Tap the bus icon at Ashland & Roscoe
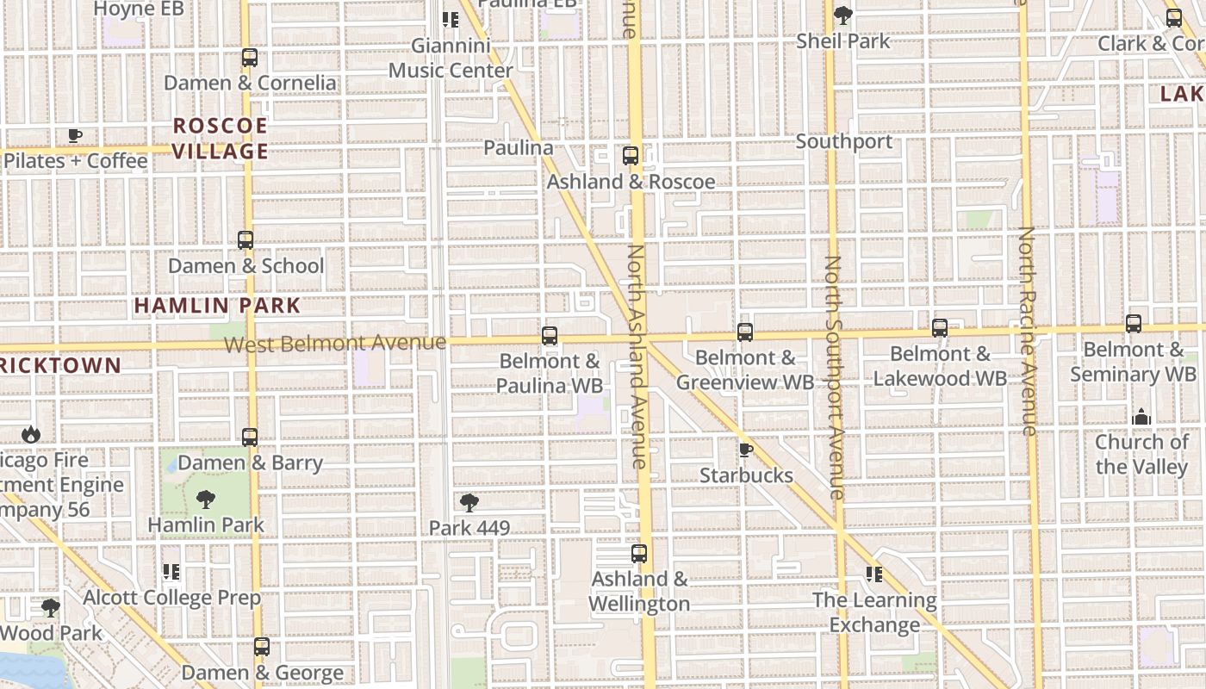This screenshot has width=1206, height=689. (631, 156)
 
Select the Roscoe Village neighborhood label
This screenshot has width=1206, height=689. (221, 139)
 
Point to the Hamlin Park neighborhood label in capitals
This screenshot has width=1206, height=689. (217, 305)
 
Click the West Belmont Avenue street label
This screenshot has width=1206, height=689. (335, 343)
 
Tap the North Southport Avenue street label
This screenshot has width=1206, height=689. (833, 377)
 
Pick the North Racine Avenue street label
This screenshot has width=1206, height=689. (1027, 331)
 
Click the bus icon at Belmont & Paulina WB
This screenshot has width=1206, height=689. (550, 336)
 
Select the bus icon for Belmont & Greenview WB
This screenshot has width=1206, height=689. (745, 332)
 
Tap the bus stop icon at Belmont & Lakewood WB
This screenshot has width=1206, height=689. (940, 328)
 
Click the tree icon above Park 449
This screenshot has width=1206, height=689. (469, 502)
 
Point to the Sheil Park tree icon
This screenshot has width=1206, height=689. (843, 16)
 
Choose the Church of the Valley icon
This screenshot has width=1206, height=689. (1141, 417)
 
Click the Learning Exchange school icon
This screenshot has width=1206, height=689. (874, 574)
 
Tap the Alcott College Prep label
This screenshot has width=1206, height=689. (171, 598)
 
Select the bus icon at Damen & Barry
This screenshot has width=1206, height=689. (250, 438)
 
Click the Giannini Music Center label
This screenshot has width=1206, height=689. (451, 58)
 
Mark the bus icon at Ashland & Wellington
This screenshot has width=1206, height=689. (639, 554)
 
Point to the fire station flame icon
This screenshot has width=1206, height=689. (31, 434)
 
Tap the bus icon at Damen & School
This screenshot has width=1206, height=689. (246, 240)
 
